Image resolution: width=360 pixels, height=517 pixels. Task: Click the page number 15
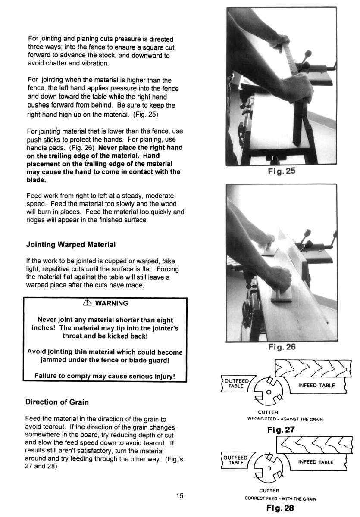(x=180, y=495)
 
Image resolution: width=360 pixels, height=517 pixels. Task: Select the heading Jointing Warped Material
(x=71, y=244)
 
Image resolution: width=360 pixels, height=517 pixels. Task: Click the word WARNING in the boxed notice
(x=111, y=303)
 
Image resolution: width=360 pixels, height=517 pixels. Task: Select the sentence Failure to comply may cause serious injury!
(x=105, y=376)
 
